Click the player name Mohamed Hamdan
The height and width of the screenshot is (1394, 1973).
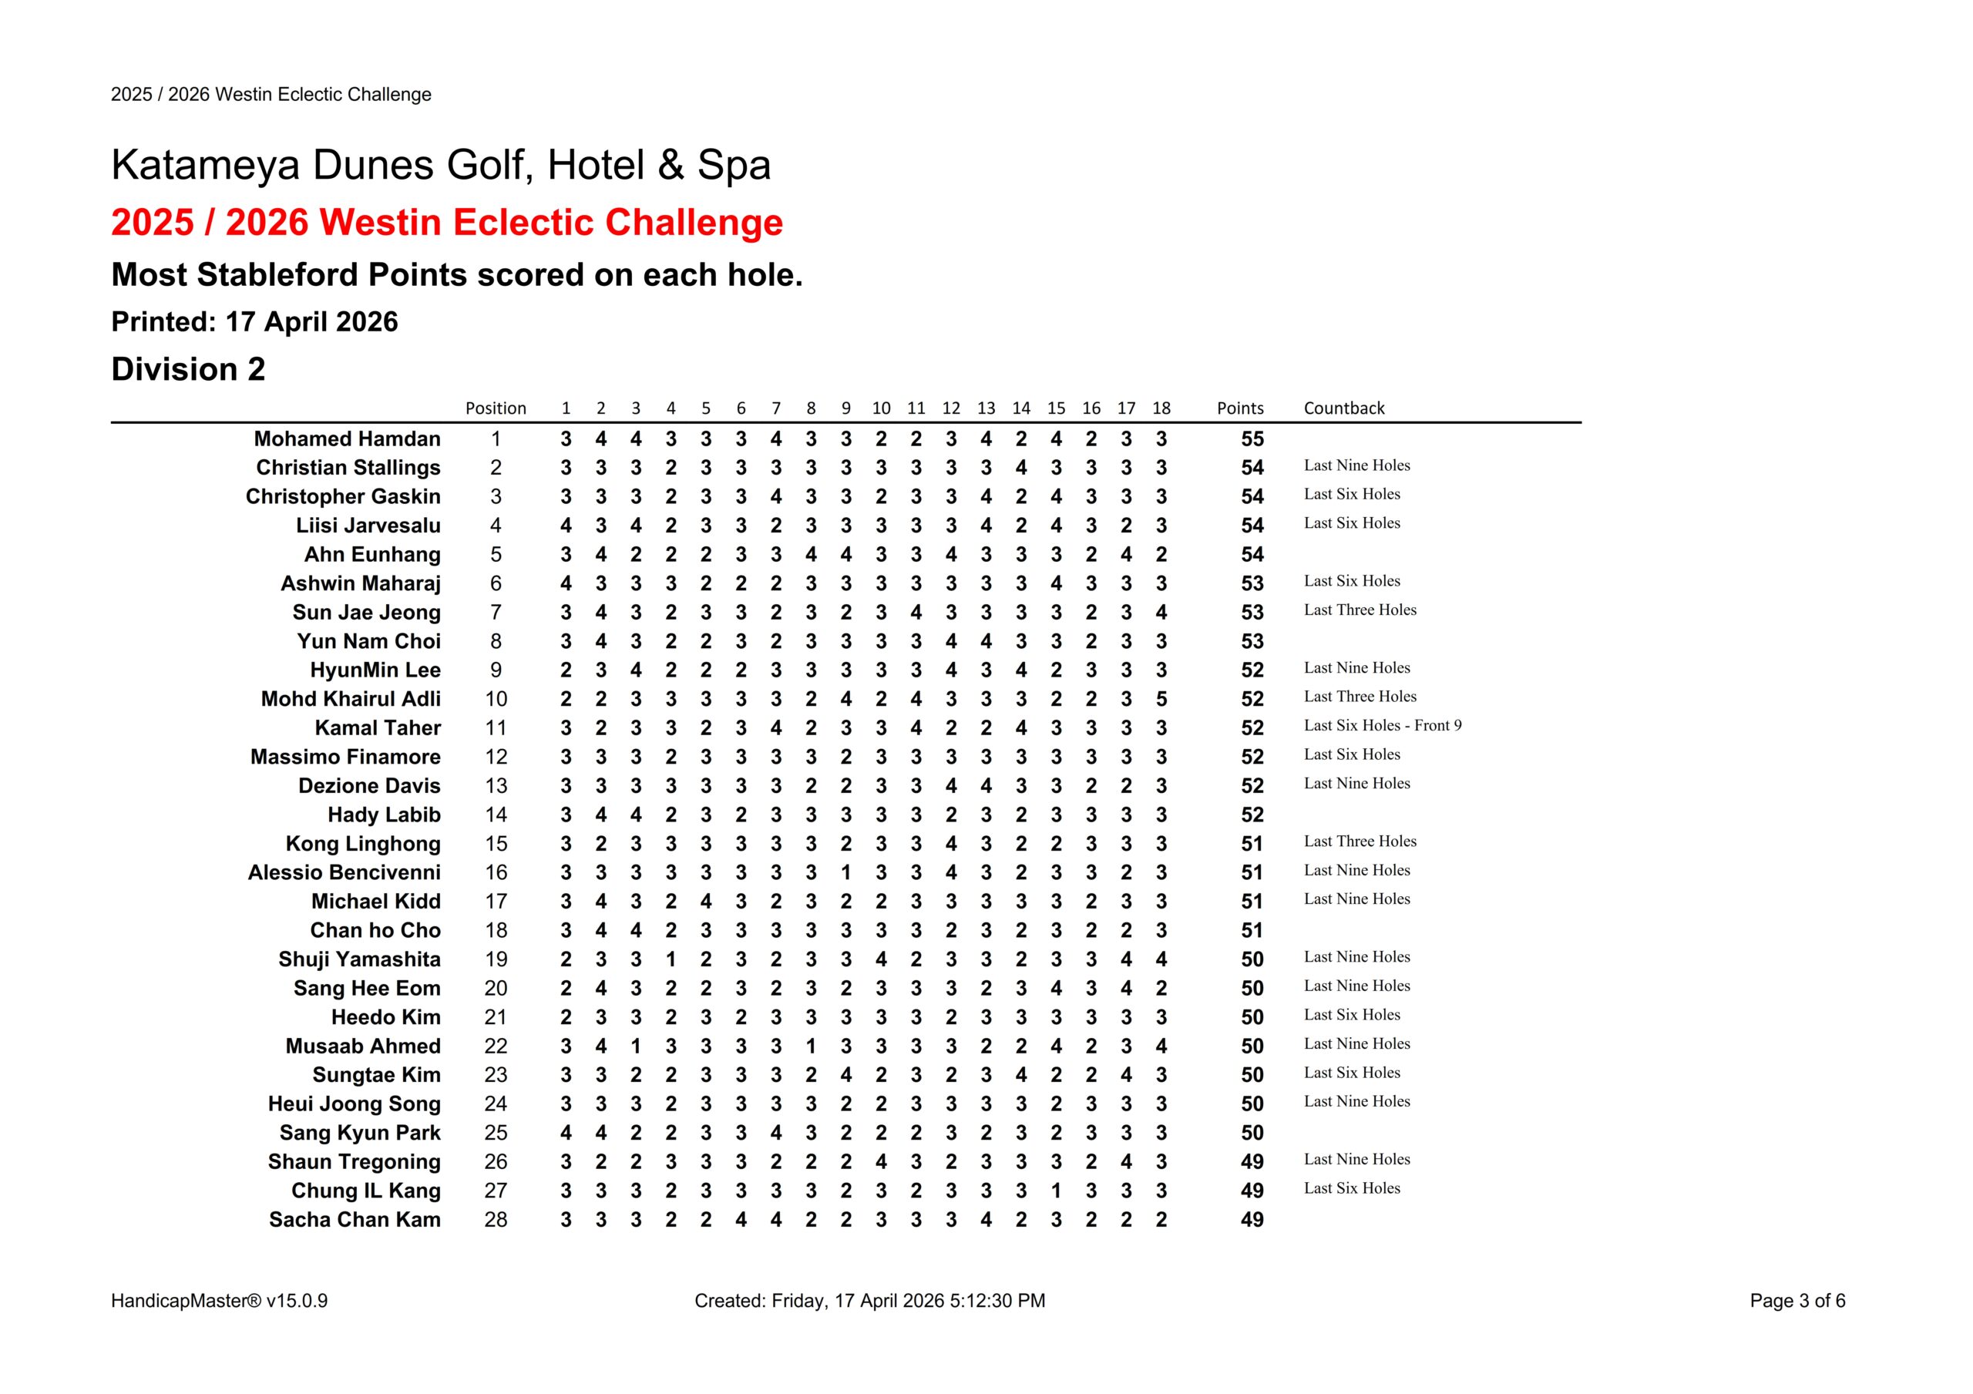(x=346, y=439)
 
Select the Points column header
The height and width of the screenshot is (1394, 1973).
(x=1239, y=408)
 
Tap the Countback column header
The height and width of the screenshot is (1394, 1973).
(x=1343, y=408)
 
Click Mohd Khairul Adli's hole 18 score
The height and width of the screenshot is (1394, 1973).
(x=1161, y=700)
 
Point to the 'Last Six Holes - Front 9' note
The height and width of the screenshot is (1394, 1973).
(x=1382, y=725)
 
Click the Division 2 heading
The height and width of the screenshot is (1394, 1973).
(x=188, y=370)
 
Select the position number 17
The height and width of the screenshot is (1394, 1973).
(x=496, y=902)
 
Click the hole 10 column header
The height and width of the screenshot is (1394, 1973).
(x=881, y=408)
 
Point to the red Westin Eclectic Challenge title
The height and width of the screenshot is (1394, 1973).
(x=447, y=223)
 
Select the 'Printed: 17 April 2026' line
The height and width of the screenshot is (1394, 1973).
(x=254, y=322)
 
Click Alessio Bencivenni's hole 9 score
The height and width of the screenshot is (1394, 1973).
(x=845, y=873)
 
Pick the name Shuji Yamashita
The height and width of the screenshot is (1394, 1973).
(x=358, y=960)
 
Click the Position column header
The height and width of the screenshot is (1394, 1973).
(x=495, y=408)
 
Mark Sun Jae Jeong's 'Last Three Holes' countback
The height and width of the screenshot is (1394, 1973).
(x=1360, y=610)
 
